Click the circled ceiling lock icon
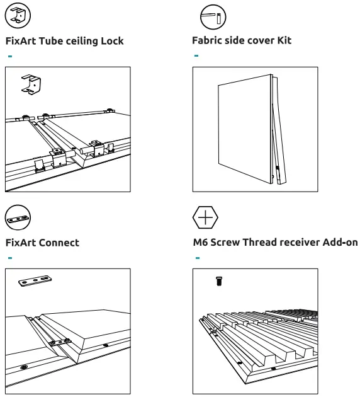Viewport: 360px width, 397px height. point(18,15)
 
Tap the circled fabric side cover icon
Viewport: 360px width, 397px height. point(213,17)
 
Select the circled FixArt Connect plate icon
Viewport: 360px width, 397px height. point(18,217)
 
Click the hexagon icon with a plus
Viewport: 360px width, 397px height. point(205,217)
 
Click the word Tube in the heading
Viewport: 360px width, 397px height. point(50,41)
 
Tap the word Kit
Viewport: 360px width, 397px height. point(284,40)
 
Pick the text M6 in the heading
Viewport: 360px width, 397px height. point(200,242)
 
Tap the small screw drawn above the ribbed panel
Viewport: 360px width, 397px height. point(219,281)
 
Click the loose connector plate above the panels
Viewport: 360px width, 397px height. point(35,281)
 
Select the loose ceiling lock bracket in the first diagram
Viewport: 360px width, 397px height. point(31,84)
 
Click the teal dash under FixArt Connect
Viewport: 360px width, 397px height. point(10,258)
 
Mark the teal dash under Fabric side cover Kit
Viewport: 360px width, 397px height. point(196,55)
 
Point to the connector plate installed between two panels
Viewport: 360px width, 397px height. point(60,342)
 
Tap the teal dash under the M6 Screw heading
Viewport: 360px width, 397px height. point(198,258)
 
